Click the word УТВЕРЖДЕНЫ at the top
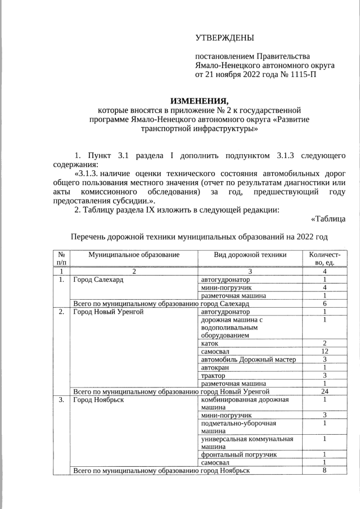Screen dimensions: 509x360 [224, 38]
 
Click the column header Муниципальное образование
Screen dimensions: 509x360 [133, 255]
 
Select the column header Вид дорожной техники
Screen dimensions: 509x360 [250, 255]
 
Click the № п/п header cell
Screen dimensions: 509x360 [61, 259]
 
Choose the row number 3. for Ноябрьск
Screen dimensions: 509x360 [60, 400]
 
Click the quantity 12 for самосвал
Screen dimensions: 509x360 [325, 351]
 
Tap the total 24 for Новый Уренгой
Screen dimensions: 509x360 [325, 391]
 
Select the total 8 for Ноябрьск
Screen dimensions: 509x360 [325, 470]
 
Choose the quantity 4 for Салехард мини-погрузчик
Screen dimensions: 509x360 [325, 287]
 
